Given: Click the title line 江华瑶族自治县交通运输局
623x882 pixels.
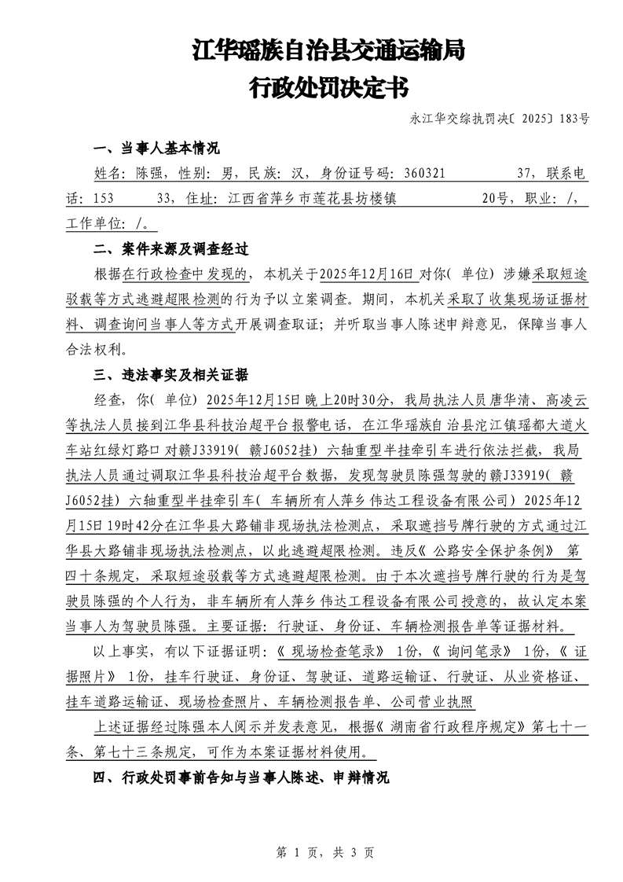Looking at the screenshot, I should [x=328, y=51].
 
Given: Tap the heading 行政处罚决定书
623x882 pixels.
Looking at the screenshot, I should [x=328, y=87].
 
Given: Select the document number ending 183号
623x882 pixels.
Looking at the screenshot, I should [x=500, y=119].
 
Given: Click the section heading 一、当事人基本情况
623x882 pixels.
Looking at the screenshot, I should [x=156, y=149].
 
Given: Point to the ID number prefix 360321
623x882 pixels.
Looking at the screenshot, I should [x=427, y=174].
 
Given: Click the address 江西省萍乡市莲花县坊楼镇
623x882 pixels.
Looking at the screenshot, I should [x=310, y=199].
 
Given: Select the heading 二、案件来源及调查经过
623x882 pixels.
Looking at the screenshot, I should [x=170, y=249].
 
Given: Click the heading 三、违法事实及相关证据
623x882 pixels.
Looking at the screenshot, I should [x=170, y=374].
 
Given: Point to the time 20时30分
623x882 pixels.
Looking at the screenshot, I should [x=358, y=399].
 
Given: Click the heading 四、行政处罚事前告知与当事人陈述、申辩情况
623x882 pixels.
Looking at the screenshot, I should [x=241, y=777].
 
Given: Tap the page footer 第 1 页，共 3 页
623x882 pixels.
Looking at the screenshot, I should [x=312, y=851].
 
